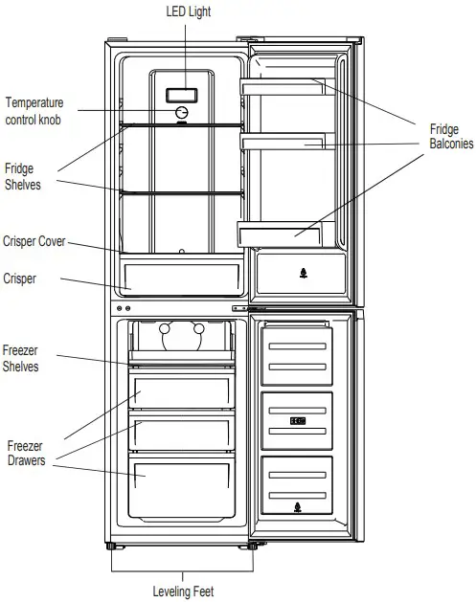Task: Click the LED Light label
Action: click(x=189, y=11)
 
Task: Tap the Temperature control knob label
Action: click(x=34, y=111)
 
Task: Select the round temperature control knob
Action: click(x=182, y=113)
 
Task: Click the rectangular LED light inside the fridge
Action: click(x=182, y=96)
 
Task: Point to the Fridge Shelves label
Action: click(x=22, y=177)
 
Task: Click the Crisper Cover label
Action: click(x=34, y=241)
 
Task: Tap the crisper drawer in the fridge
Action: click(x=182, y=278)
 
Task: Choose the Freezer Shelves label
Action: click(x=20, y=358)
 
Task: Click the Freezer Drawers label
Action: click(x=26, y=453)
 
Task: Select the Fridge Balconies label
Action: click(x=451, y=136)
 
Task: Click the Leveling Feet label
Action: click(x=183, y=591)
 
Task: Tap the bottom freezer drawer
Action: click(x=181, y=487)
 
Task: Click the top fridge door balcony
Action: click(x=283, y=87)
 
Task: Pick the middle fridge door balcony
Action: click(x=283, y=142)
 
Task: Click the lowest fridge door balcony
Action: click(x=280, y=235)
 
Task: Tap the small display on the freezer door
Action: click(x=298, y=421)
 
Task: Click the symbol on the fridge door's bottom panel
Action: click(x=304, y=274)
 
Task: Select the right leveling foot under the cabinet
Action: click(x=252, y=546)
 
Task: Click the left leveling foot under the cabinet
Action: click(x=111, y=546)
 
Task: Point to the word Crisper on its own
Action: click(x=19, y=279)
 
